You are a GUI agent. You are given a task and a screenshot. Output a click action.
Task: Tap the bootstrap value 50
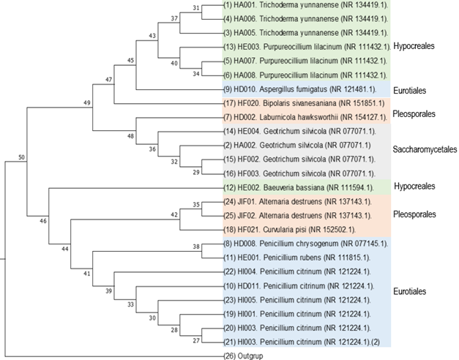pos(21,157)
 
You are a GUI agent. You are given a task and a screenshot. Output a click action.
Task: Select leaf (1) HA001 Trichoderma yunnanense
pos(307,6)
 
